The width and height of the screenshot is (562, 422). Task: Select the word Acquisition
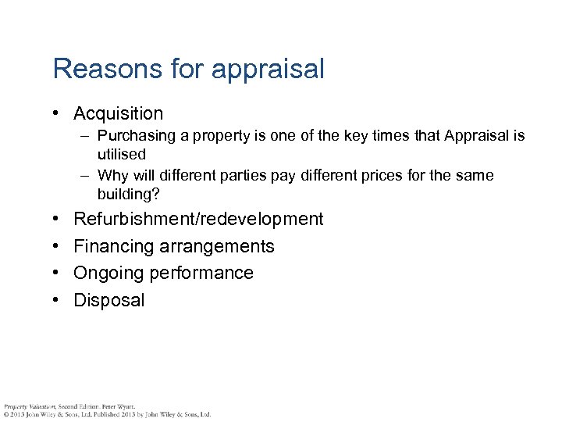click(x=118, y=114)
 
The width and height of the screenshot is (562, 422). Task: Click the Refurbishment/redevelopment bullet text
click(x=198, y=219)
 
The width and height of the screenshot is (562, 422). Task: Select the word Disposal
click(x=109, y=300)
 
